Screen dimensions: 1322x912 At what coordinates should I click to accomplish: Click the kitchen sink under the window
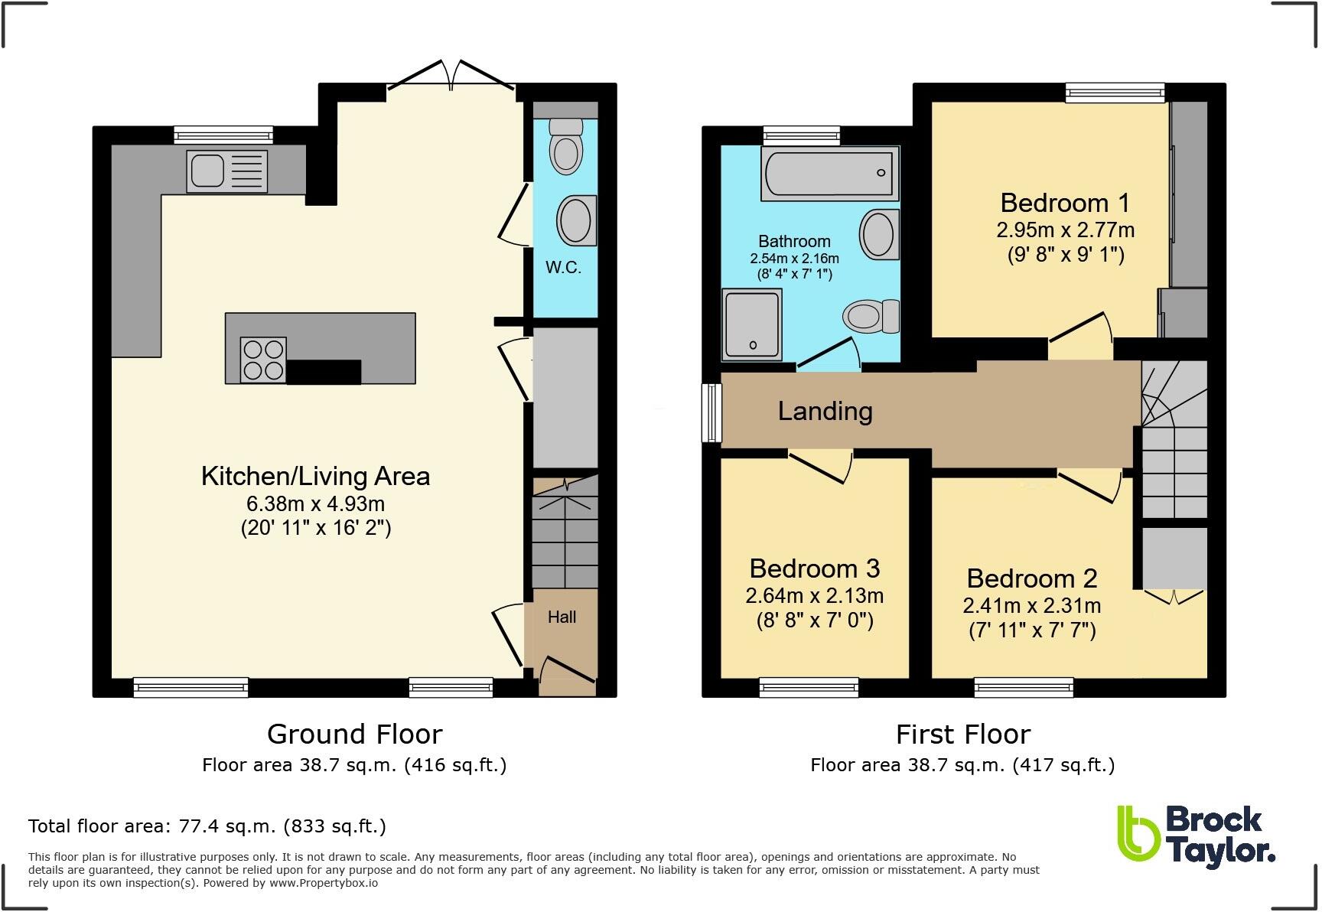coord(227,171)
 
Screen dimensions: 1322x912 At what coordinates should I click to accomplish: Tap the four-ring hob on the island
coord(263,360)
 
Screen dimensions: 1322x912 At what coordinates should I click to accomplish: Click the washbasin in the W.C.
coord(578,221)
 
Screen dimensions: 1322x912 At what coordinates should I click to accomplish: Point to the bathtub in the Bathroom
coord(829,173)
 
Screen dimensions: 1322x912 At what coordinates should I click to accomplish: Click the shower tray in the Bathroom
coord(753,324)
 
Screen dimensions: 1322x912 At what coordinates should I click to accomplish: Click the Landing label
coord(825,412)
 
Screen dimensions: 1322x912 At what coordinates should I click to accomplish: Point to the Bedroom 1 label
coord(1064,203)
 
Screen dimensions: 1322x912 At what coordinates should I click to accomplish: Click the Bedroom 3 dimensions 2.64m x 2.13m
coord(815,595)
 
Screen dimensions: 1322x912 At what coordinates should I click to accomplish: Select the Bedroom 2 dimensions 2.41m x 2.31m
coord(1031,606)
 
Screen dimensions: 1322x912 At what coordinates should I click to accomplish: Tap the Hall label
coord(562,617)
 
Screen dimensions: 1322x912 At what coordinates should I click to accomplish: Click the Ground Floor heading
coord(354,734)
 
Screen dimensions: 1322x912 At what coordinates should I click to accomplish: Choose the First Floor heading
coord(963,734)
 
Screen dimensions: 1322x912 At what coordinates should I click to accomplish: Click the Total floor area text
coord(207,826)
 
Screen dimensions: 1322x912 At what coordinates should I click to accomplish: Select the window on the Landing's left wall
coord(711,413)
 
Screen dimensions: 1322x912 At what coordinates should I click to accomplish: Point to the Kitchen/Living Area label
coord(315,476)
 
